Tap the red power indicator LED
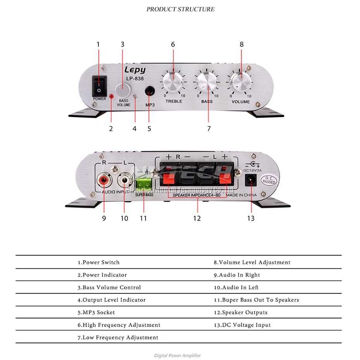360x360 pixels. (x=111, y=96)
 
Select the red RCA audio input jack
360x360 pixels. (x=104, y=180)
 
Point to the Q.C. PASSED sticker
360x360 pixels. (x=268, y=180)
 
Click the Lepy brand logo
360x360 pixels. (x=135, y=70)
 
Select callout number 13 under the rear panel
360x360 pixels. (x=251, y=219)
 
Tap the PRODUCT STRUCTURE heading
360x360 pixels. (x=180, y=9)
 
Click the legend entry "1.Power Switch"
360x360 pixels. (x=99, y=262)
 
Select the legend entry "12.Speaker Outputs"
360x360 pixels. (x=240, y=312)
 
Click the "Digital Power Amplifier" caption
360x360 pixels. (x=178, y=355)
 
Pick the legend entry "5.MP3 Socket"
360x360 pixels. (x=96, y=312)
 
